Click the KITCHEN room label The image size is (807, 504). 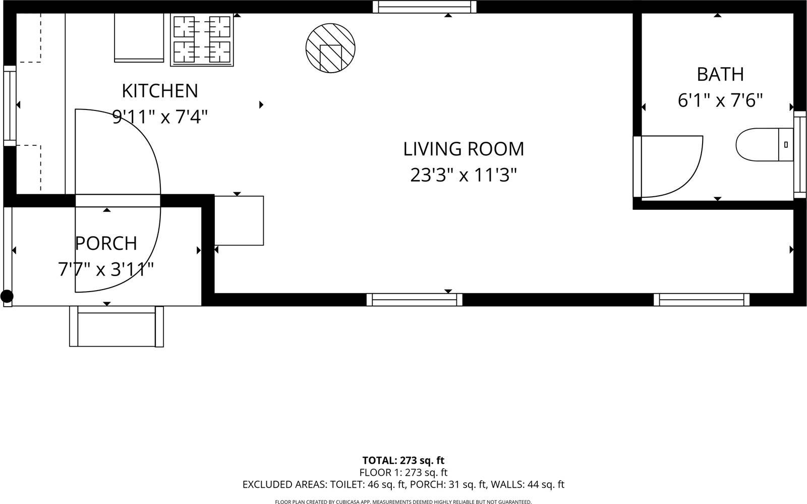pyautogui.click(x=160, y=91)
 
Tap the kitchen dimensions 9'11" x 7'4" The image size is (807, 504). pyautogui.click(x=160, y=117)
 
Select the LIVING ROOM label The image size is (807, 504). pyautogui.click(x=464, y=149)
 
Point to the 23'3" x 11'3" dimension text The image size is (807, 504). pyautogui.click(x=464, y=176)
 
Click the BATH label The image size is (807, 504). pyautogui.click(x=720, y=74)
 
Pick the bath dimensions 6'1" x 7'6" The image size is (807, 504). pyautogui.click(x=720, y=100)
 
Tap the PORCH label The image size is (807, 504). pyautogui.click(x=106, y=243)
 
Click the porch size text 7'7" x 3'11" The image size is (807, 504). pyautogui.click(x=106, y=269)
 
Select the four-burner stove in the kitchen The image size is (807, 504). pyautogui.click(x=202, y=40)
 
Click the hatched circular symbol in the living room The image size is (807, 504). pyautogui.click(x=330, y=48)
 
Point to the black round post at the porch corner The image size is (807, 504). pyautogui.click(x=7, y=296)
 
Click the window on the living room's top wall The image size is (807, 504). pyautogui.click(x=425, y=7)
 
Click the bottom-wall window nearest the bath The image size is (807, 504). pyautogui.click(x=702, y=300)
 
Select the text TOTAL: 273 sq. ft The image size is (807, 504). pyautogui.click(x=403, y=460)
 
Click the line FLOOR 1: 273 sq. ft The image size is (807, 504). pyautogui.click(x=403, y=473)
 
